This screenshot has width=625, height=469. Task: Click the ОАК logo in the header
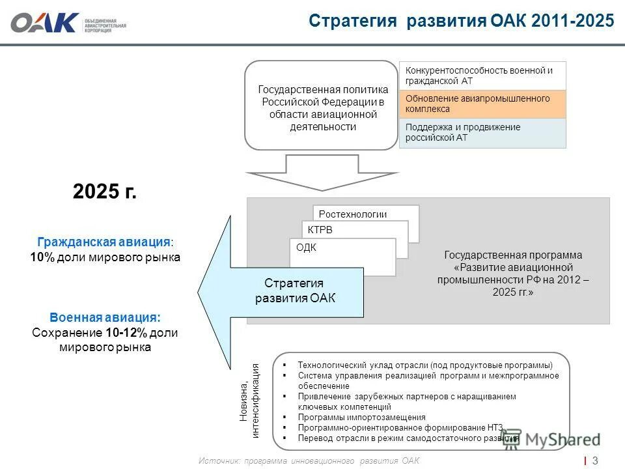pos(44,23)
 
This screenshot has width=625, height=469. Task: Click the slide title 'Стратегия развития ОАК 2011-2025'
pos(461,21)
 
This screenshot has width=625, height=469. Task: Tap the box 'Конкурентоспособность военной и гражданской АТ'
pos(482,76)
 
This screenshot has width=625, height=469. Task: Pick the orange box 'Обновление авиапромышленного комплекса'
pos(482,104)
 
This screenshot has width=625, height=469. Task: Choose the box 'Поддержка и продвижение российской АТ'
pos(482,132)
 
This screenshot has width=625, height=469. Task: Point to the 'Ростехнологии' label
pos(353,214)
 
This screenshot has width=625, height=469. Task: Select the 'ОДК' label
pos(306,248)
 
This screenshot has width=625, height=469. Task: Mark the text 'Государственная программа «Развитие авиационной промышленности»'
pos(513,274)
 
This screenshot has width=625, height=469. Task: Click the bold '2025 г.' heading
pos(105,192)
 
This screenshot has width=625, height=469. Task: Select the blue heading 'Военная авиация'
pos(105,317)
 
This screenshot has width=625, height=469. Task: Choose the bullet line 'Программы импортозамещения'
pos(361,417)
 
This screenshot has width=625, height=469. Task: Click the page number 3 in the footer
pos(595,461)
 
